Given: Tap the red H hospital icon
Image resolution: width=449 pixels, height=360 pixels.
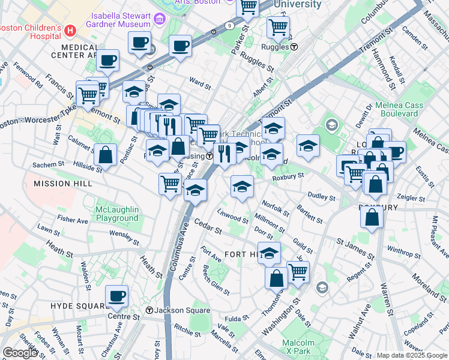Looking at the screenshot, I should click(x=71, y=29).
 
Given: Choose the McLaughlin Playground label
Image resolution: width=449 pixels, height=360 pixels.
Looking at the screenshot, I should click(x=117, y=214).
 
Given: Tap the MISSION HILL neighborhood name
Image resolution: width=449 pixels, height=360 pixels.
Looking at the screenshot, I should click(x=64, y=184).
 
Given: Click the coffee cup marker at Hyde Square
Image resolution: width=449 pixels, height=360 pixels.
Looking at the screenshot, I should click(x=116, y=296).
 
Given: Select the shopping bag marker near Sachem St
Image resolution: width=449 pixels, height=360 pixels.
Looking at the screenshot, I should click(x=106, y=154).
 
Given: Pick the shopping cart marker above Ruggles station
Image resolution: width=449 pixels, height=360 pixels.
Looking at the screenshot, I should click(x=278, y=26).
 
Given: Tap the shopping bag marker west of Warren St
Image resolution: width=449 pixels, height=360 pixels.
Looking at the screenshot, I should click(x=372, y=217).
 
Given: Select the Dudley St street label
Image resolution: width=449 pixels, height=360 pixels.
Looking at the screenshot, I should click(x=321, y=196).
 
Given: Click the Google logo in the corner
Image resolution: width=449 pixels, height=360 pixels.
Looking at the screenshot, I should click(x=20, y=353).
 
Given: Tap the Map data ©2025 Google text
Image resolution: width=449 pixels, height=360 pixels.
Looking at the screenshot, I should click(x=412, y=355).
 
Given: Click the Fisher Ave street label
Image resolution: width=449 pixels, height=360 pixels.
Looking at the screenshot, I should click(x=73, y=220).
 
